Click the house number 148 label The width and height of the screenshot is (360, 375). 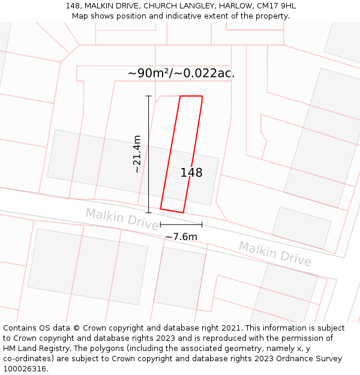[191, 173]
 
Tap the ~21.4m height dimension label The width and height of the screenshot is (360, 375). [137, 154]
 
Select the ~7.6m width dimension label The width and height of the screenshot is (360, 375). [181, 236]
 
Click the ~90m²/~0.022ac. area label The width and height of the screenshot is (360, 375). [181, 73]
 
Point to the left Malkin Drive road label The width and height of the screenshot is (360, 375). [122, 217]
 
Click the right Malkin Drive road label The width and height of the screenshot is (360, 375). [275, 253]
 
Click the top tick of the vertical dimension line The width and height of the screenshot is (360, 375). [148, 96]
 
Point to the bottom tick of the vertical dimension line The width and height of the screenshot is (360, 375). [148, 212]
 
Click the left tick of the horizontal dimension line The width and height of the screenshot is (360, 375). [160, 224]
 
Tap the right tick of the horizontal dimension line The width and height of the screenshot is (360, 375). [202, 224]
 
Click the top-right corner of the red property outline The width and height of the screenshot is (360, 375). [202, 96]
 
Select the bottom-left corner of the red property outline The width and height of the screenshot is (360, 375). [160, 209]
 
